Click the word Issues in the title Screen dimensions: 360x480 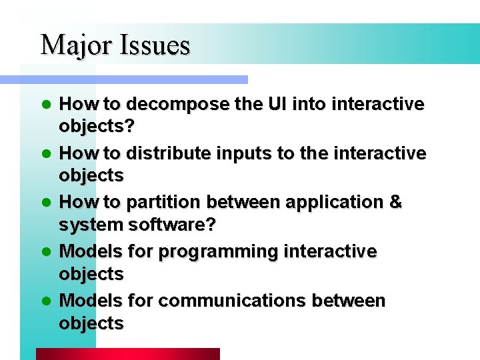pos(155,45)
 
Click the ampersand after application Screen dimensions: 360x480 pos(395,203)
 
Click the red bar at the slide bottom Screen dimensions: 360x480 pos(127,354)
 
